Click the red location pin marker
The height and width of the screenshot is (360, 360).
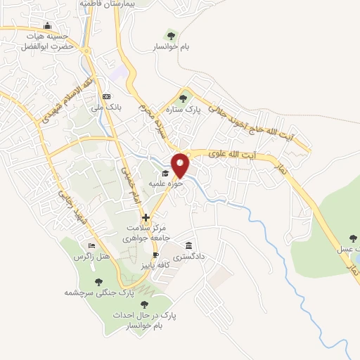point(181,165)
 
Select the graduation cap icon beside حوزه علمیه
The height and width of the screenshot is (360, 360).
point(165,173)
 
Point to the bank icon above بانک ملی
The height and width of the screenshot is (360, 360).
point(106,96)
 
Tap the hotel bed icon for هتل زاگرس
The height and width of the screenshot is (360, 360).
point(92,246)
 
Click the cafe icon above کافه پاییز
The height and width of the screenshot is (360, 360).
point(156,255)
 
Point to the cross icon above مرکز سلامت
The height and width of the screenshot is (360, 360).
point(146,218)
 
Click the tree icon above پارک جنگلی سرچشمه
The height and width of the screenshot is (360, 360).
point(98,281)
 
